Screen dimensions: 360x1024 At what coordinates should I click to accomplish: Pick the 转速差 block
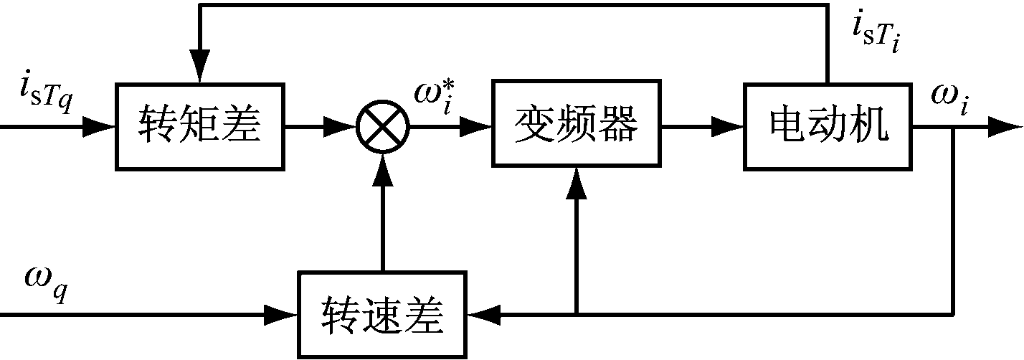tap(382, 314)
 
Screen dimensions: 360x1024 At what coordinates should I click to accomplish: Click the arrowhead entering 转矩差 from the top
tap(200, 68)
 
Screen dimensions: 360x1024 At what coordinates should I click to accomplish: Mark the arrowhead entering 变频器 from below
tap(576, 185)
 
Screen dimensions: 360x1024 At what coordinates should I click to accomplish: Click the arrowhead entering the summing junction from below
tap(382, 166)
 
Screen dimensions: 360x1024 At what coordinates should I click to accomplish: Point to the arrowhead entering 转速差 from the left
tap(284, 314)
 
